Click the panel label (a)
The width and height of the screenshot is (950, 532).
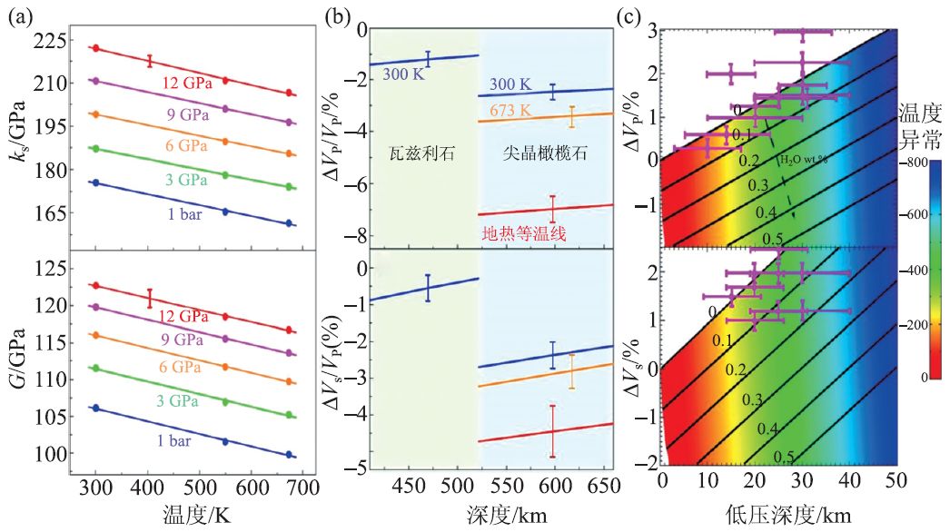point(21,15)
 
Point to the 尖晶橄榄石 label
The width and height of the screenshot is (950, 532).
point(544,154)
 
